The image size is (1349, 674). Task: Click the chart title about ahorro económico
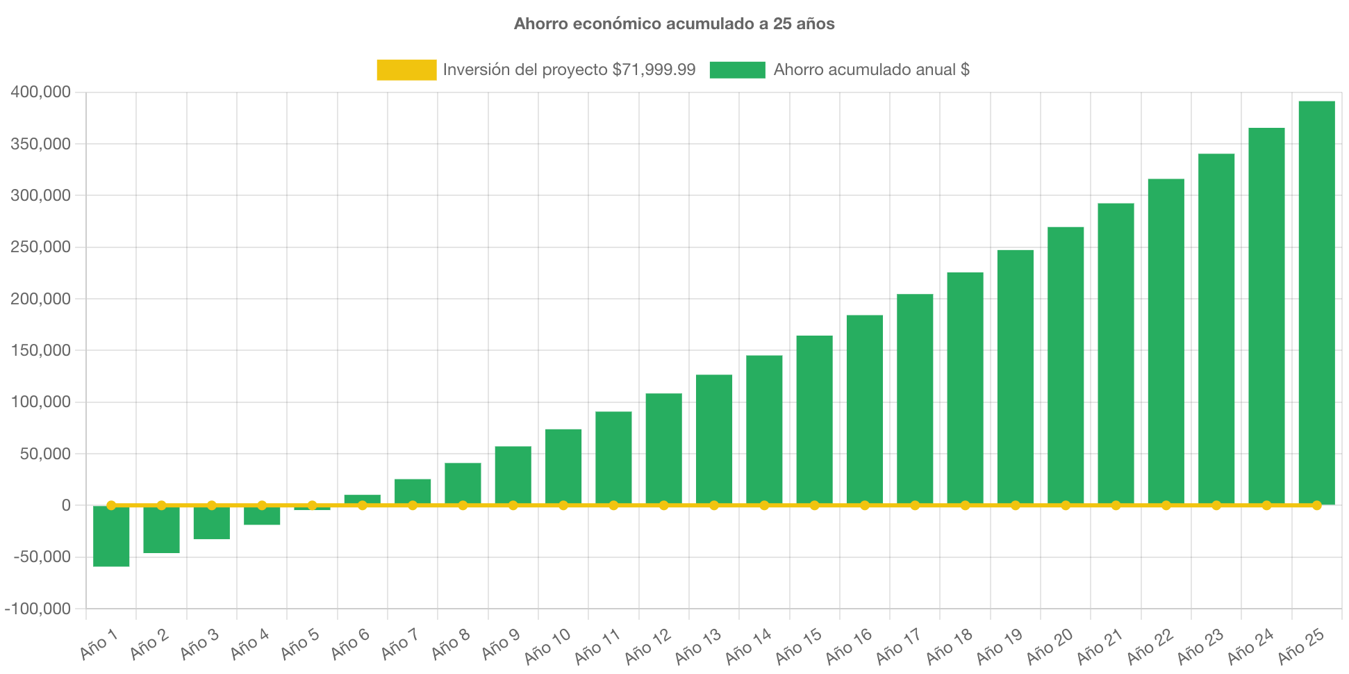pos(674,24)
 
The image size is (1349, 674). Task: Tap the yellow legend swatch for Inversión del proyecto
pos(406,69)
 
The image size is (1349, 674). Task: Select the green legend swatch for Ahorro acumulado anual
pos(737,69)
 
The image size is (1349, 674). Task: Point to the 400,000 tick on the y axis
pos(41,92)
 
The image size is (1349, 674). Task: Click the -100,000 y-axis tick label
pos(38,609)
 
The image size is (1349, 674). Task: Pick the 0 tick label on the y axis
pos(66,505)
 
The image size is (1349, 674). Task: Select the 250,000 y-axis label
pos(41,247)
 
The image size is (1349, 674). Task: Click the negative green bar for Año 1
pos(111,536)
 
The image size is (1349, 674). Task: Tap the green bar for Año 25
pos(1316,302)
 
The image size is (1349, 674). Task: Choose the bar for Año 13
pos(714,439)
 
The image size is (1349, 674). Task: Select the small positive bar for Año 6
pos(362,499)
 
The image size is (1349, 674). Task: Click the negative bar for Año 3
pos(211,523)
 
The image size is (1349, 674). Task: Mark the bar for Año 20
pos(1066,365)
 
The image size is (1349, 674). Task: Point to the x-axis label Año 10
pos(548,646)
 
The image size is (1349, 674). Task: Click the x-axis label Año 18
pos(950,646)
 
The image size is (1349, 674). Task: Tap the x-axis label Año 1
pos(99,645)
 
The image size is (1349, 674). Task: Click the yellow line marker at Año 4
pos(262,505)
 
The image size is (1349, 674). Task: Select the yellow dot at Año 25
pos(1316,505)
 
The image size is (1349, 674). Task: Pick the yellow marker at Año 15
pos(814,505)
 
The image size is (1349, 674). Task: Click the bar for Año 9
pos(513,475)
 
